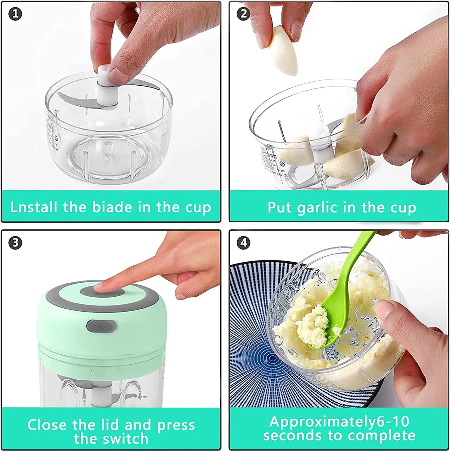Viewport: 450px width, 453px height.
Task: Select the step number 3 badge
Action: coord(15,243)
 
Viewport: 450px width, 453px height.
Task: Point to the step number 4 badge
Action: coord(244,243)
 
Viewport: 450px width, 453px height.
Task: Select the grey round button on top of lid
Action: coord(103,292)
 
